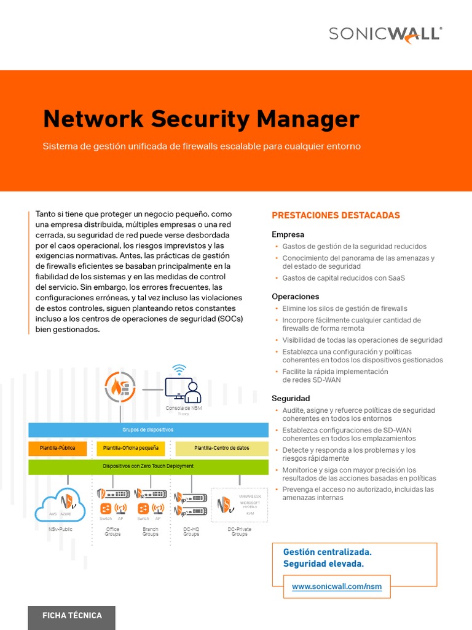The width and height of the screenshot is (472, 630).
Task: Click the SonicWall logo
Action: [385, 33]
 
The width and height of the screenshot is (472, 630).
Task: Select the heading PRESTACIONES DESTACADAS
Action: [336, 215]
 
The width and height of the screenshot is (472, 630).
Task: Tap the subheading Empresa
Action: [288, 234]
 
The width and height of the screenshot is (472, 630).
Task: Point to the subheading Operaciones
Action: [295, 297]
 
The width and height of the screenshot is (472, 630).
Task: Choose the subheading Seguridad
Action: [291, 399]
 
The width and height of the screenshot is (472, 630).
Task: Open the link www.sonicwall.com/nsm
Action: [337, 587]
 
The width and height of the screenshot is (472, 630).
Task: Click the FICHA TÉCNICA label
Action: [72, 615]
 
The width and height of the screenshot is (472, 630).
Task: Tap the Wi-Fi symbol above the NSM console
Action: [179, 369]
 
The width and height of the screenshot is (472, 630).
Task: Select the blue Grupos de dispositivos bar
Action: [148, 429]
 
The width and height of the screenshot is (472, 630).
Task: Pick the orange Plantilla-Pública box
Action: [58, 448]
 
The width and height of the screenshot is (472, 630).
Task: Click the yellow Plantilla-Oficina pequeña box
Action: [131, 448]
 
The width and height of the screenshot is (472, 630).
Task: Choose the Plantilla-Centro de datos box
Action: [222, 448]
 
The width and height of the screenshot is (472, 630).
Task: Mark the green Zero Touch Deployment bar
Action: [148, 466]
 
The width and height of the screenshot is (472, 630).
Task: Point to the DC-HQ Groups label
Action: [191, 532]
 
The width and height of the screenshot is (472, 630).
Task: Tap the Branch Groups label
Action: [151, 532]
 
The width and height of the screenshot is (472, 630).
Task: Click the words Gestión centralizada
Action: [327, 552]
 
